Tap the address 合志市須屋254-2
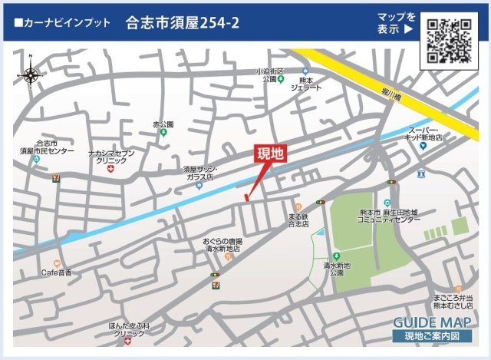coord(182,23)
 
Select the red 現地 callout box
coord(269,154)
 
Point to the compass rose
coord(31,74)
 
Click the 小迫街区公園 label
coord(270,74)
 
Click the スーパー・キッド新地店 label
coord(423,134)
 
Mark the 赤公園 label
coord(163,124)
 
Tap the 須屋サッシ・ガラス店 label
coord(200,173)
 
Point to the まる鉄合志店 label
coord(298,220)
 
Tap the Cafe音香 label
coord(56,272)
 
